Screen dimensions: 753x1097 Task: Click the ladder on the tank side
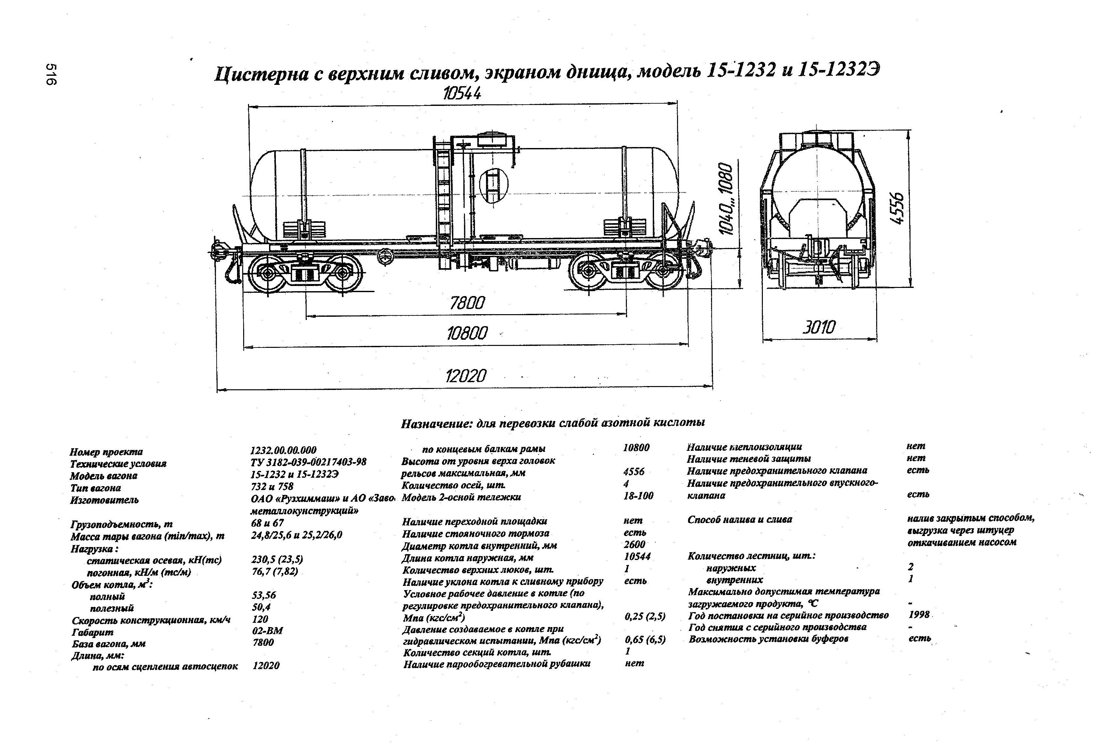444,194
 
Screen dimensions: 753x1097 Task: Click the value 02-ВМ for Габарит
267,631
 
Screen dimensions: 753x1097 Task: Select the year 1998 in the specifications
919,614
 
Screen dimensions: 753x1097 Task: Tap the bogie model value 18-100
638,496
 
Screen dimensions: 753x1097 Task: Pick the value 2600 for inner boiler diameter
634,544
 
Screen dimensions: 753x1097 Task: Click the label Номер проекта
106,452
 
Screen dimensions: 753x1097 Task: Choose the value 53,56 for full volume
264,595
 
